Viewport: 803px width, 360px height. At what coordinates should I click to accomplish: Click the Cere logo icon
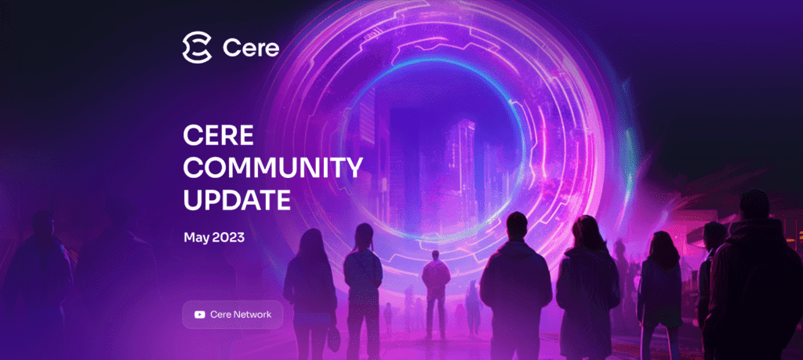197,48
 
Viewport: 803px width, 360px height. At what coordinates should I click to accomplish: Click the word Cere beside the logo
251,48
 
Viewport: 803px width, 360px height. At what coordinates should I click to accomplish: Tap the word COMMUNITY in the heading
273,168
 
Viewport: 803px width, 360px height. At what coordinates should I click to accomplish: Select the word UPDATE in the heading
237,200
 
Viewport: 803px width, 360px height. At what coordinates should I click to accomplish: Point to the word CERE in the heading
218,135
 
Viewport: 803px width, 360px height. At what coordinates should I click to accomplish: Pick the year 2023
227,238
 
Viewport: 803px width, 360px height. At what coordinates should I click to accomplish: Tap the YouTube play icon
200,315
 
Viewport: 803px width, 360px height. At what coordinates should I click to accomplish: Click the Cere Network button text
241,315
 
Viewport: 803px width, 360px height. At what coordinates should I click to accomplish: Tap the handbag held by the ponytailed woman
333,339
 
